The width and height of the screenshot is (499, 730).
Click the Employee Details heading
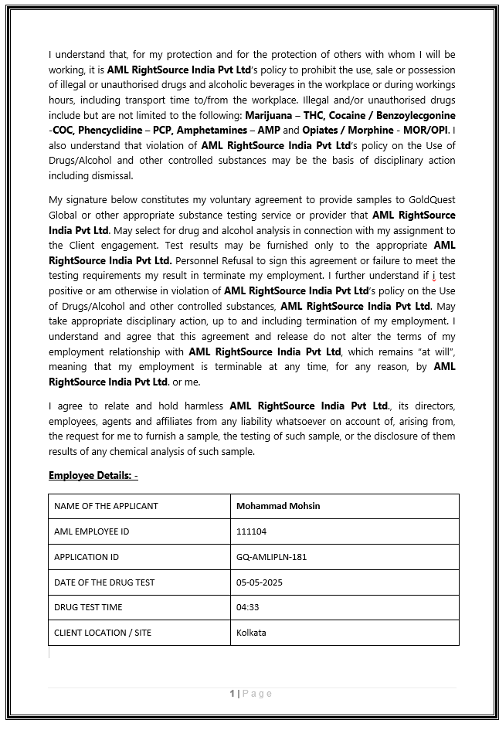click(x=93, y=474)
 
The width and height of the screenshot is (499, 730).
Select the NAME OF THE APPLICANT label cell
click(x=106, y=506)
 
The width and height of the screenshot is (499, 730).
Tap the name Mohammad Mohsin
click(x=278, y=506)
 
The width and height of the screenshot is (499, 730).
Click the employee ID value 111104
click(x=251, y=531)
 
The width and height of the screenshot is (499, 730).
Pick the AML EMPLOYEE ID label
click(x=92, y=531)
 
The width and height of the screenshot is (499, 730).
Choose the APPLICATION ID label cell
click(x=87, y=557)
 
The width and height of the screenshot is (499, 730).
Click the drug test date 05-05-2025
click(x=260, y=582)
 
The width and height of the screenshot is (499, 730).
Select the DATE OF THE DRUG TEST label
click(x=104, y=582)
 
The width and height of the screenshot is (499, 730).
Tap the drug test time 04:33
click(x=247, y=607)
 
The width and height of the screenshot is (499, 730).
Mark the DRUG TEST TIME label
click(x=88, y=607)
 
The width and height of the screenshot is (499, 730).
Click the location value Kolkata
click(x=251, y=633)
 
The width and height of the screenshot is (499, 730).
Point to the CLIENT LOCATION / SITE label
click(x=103, y=633)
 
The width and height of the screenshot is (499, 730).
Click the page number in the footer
click(x=232, y=694)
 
